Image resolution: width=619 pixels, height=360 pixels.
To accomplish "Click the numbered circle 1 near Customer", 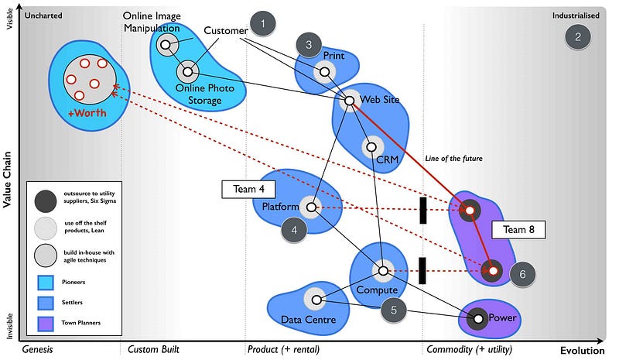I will tap(263, 24).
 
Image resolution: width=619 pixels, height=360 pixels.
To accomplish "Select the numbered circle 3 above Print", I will tap(309, 45).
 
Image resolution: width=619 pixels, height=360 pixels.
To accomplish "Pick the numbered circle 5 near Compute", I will tap(394, 310).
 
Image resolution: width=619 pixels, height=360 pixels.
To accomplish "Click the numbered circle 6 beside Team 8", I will tap(522, 274).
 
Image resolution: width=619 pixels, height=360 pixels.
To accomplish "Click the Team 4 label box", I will tap(249, 189).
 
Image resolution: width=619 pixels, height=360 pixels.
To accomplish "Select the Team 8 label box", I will tap(519, 230).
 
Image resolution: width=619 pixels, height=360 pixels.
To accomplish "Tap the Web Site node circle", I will tap(349, 100).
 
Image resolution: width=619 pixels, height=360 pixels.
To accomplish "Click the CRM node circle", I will tap(371, 147).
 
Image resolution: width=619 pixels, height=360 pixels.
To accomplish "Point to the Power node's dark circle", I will tap(478, 317).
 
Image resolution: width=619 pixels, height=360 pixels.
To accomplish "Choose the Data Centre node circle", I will tap(315, 300).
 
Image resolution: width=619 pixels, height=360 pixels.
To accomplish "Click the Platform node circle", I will tap(311, 207).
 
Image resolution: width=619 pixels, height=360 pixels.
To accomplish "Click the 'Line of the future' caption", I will tap(453, 159).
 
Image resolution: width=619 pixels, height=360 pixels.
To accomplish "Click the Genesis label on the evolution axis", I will tap(37, 350).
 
